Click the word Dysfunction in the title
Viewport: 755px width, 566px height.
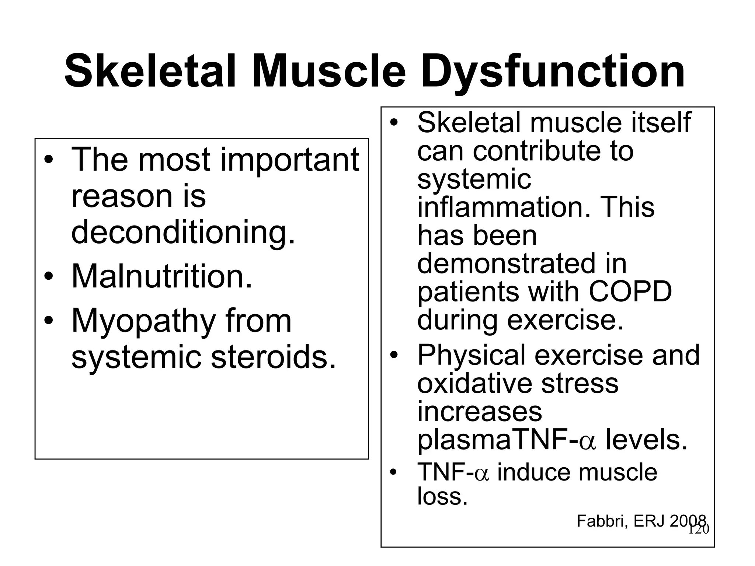pos(553,72)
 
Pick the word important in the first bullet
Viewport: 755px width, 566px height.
pos(289,160)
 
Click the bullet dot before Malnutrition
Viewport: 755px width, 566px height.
pos(48,277)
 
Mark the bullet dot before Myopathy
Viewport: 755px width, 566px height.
pos(48,321)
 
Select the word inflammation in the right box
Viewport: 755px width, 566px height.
pos(499,207)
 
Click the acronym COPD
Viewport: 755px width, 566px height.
pos(630,291)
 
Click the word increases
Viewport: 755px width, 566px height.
pos(479,412)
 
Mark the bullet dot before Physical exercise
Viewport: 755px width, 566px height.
pos(394,355)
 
